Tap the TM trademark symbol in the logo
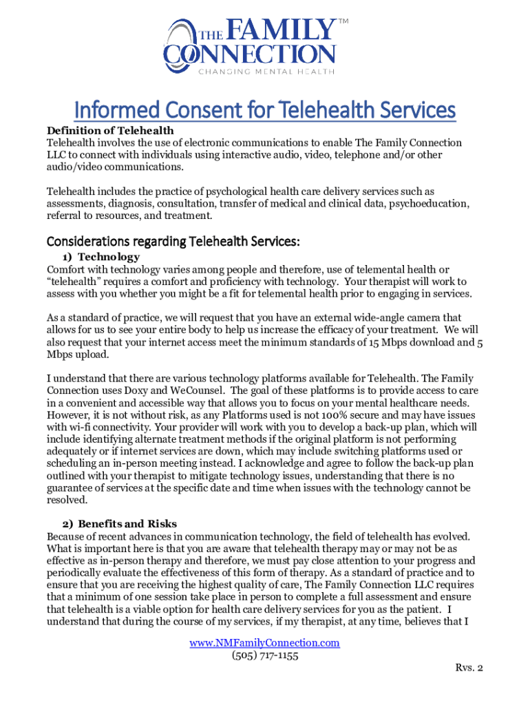[343, 23]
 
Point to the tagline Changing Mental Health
[267, 71]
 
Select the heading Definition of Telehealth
[109, 131]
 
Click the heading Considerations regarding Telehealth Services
[173, 242]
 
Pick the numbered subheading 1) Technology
[96, 257]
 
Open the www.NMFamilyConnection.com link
[265, 642]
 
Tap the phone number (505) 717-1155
[265, 655]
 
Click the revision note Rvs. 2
[469, 668]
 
